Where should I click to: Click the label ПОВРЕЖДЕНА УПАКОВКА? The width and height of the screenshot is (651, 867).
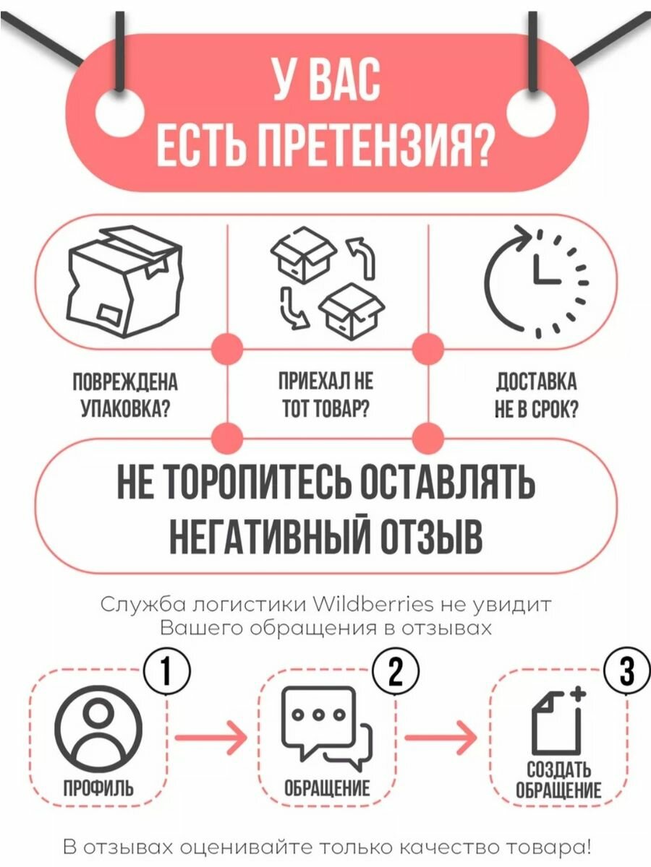coord(124,396)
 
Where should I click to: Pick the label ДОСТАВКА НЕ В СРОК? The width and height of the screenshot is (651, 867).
coord(535,396)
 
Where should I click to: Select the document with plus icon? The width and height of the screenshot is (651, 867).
coord(558,722)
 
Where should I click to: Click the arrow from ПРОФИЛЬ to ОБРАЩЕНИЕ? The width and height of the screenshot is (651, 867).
coord(210,737)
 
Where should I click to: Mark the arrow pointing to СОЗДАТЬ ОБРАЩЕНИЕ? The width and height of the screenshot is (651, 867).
coord(441,737)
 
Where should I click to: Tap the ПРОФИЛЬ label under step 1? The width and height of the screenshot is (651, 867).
coord(98,788)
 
